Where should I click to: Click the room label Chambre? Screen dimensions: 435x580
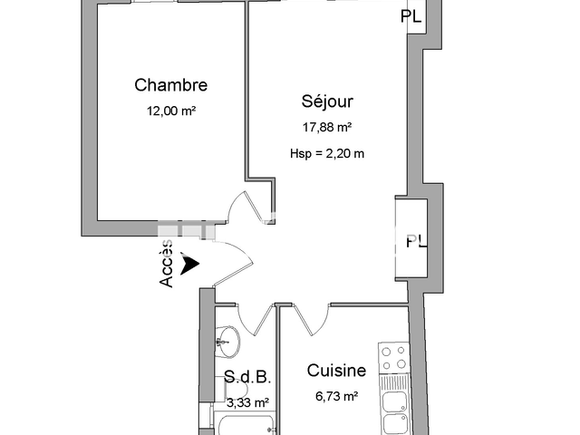[171, 85]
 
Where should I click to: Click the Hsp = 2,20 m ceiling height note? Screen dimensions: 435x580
[327, 152]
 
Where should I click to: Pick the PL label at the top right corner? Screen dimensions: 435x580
[411, 15]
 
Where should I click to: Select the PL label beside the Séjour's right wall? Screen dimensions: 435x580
[415, 241]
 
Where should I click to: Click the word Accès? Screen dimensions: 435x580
[168, 264]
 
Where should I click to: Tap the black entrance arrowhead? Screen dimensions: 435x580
[189, 264]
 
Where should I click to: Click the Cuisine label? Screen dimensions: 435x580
[336, 371]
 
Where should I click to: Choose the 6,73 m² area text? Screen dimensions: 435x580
[336, 396]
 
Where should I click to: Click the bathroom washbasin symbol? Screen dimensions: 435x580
[227, 341]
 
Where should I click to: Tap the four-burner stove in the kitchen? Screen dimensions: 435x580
[394, 359]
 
